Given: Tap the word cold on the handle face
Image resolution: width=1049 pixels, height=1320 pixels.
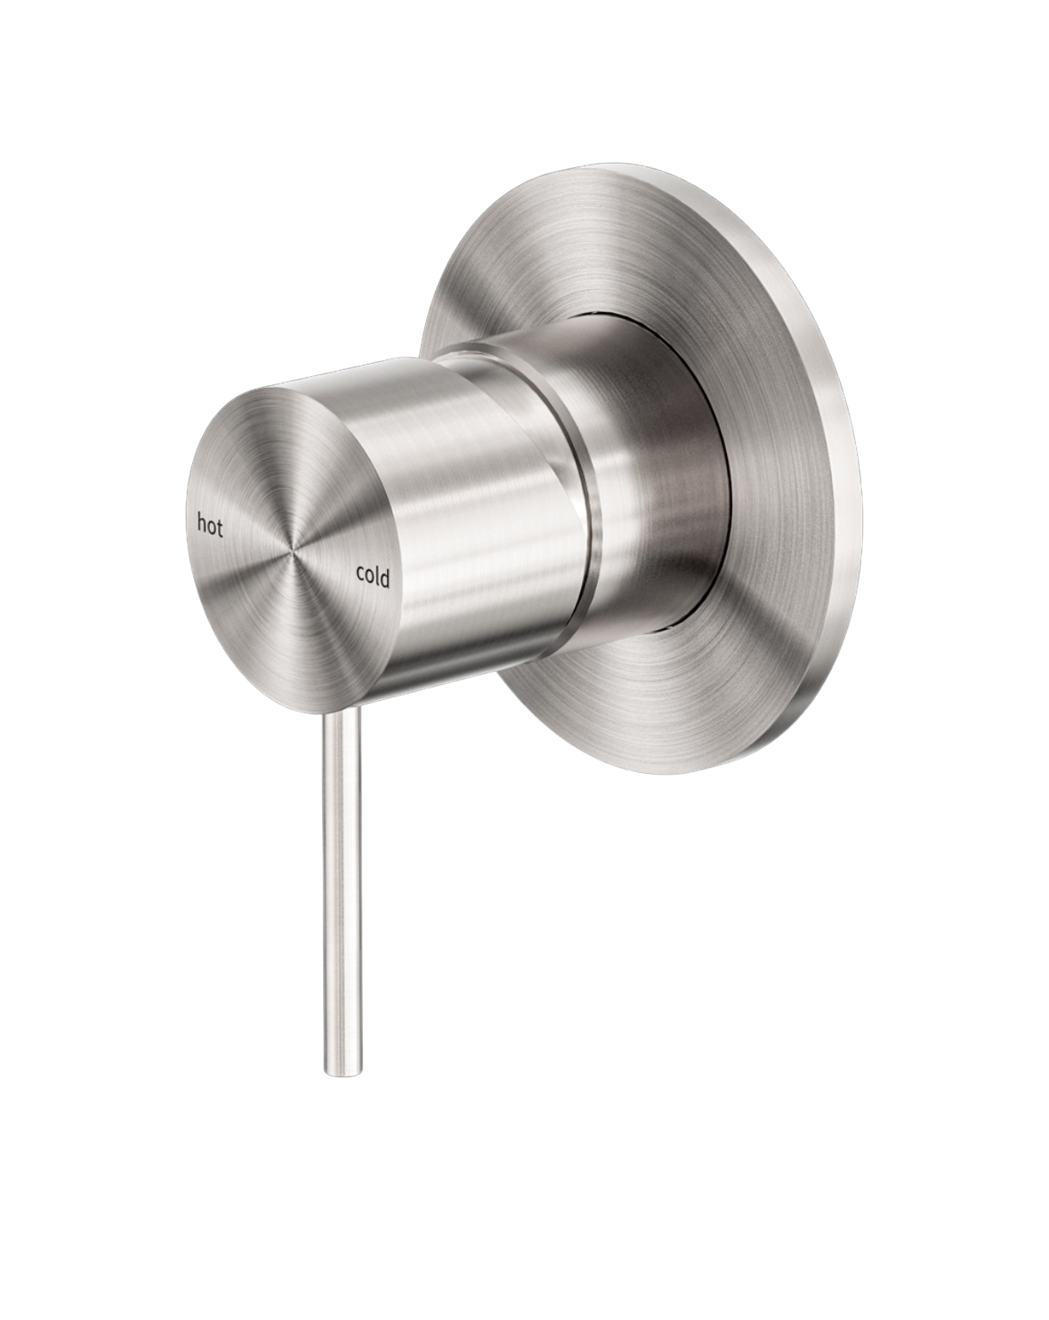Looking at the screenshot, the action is pos(373,576).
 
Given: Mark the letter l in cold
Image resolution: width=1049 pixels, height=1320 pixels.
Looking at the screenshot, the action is pos(375,575).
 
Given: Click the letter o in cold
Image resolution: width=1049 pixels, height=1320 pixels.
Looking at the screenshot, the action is pos(369,576).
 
